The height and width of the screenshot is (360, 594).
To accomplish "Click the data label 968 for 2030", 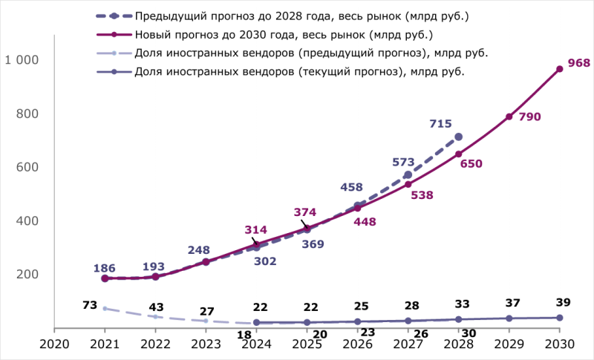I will click(578, 63).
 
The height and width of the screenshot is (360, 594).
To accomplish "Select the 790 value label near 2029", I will click(529, 117).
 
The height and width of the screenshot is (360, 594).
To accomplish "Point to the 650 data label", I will click(471, 164).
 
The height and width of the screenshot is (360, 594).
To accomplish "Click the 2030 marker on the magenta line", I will click(560, 69).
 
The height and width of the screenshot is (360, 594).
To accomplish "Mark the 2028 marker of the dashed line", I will click(458, 137).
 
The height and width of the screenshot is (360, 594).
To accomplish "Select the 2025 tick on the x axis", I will click(307, 344).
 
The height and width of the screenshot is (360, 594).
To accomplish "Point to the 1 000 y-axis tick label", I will click(22, 60).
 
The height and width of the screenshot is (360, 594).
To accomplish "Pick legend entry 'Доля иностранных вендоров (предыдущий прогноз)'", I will click(311, 53).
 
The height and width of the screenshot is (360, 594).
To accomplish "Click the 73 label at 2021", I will click(91, 305).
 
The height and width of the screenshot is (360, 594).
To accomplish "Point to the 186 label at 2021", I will click(105, 268).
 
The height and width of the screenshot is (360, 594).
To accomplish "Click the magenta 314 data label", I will click(256, 230).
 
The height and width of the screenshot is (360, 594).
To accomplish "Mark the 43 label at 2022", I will click(156, 307).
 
